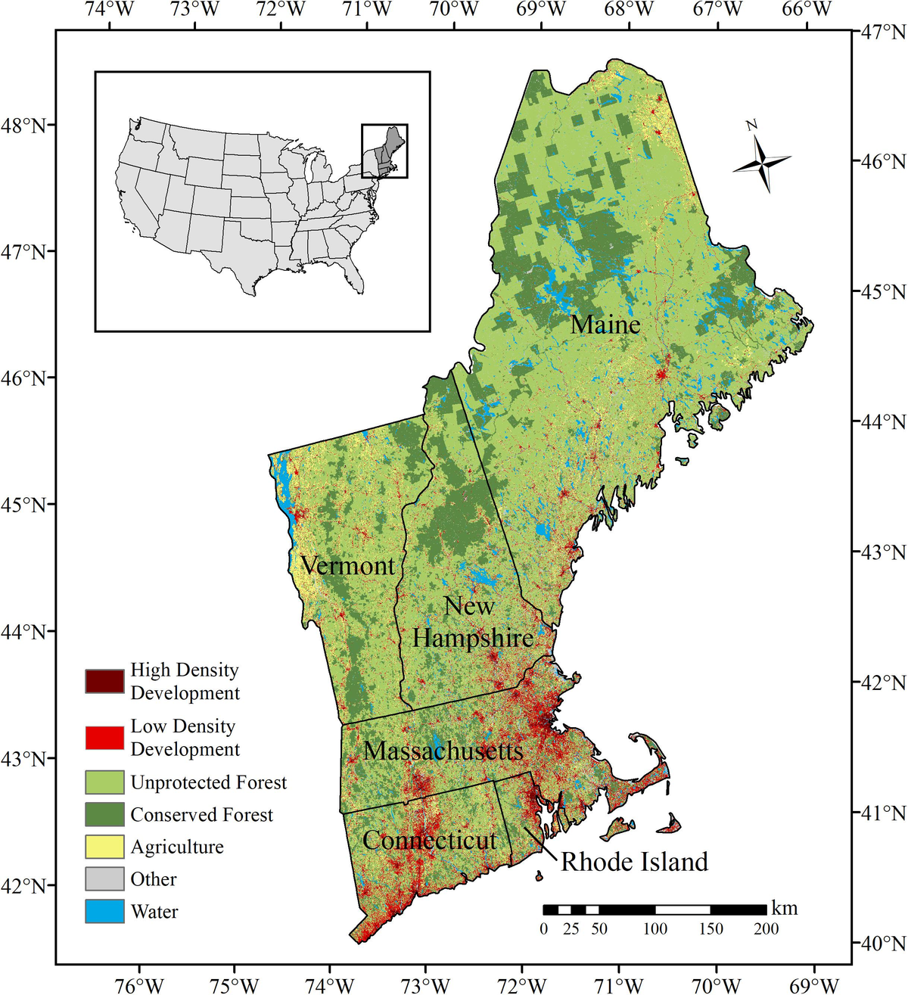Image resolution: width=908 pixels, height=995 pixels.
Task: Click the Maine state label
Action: point(605,325)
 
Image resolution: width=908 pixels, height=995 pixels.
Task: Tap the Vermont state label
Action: point(347,566)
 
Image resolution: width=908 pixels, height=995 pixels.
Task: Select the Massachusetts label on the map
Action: point(443,751)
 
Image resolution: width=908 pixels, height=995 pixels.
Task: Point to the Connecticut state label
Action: point(429,841)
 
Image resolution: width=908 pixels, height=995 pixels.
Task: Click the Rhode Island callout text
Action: point(634,862)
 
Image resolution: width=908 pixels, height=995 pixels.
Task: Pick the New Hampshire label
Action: point(472,623)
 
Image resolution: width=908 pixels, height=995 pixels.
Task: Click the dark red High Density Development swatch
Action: point(104,681)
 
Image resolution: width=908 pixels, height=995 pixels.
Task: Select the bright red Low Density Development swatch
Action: point(104,738)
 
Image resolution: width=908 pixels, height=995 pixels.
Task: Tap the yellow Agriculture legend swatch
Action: point(104,847)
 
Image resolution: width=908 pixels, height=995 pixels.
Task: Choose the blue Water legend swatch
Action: point(104,911)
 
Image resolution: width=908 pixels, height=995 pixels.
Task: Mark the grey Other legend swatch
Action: point(104,879)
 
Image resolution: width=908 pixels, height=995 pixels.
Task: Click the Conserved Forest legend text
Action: point(201,815)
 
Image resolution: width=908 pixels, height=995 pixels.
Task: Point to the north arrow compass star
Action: point(763,162)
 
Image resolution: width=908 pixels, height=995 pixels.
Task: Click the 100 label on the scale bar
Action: point(655,928)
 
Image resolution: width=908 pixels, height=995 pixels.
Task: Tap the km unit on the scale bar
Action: point(784,908)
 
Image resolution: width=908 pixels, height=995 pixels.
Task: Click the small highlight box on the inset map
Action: point(384,151)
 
